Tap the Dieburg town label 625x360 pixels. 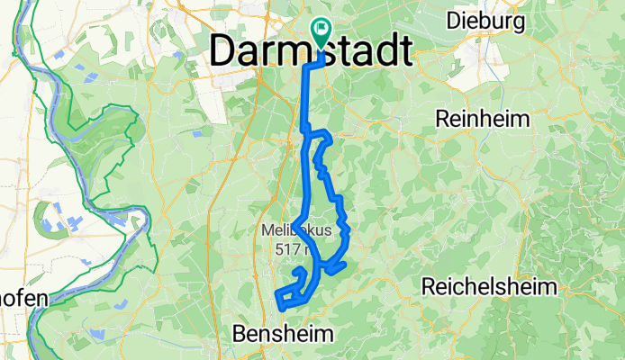tap(485, 20)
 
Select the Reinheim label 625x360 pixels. tap(482, 119)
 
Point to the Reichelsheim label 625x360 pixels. tap(485, 286)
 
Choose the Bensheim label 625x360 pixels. tap(283, 334)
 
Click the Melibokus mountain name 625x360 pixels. tap(296, 230)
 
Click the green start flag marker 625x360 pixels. tap(320, 31)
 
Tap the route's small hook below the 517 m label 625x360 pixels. tap(299, 270)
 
